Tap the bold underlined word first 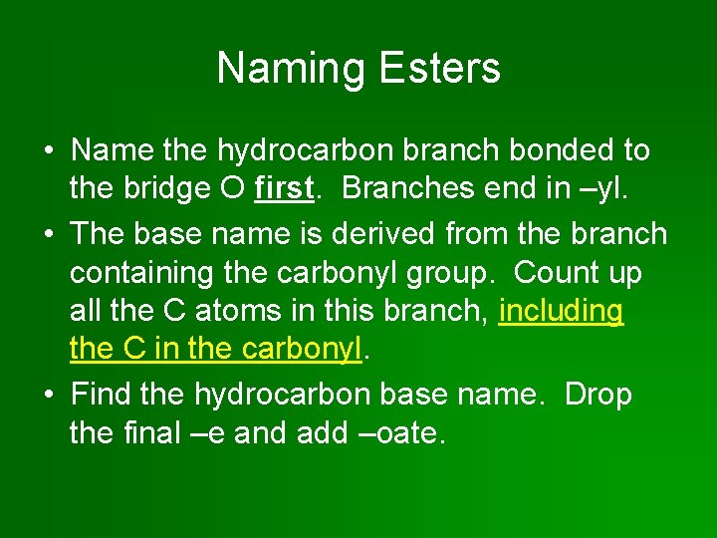pyautogui.click(x=285, y=187)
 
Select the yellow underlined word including pyautogui.click(x=561, y=311)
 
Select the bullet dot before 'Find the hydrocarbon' pyautogui.click(x=48, y=396)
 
